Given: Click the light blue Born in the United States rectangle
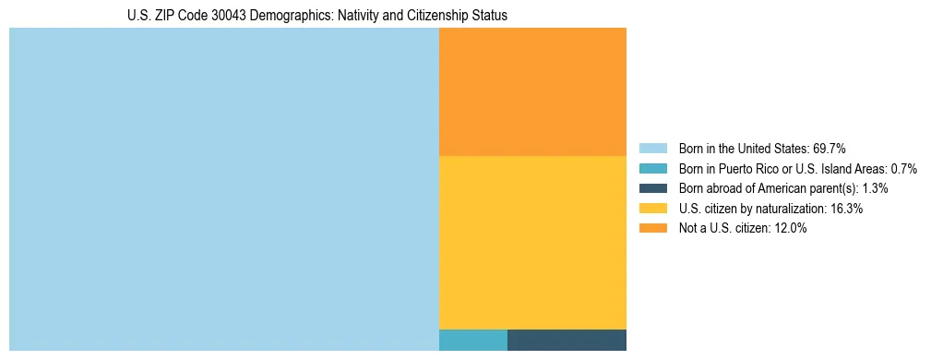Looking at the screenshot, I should pos(223,189).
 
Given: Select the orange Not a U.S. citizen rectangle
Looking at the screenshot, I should pos(532,91).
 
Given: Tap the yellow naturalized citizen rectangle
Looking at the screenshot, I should pos(532,242).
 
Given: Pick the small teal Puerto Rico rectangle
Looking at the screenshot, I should pos(472,340).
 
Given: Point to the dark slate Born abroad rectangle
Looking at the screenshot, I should pos(567,340).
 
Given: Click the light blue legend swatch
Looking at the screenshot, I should pos(652,149).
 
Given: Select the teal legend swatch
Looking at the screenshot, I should pos(652,169).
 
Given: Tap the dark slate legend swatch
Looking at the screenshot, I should pos(652,188).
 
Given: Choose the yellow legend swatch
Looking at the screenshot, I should pos(652,209).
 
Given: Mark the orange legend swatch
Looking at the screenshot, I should pos(652,229).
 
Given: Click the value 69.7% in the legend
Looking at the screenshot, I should pos(829,149).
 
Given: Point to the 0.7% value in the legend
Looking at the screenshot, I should pos(903,169).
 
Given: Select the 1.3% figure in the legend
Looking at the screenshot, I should pos(875,188).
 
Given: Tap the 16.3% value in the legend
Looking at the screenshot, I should pos(846,209).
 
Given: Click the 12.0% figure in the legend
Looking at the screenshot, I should pos(791,229).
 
